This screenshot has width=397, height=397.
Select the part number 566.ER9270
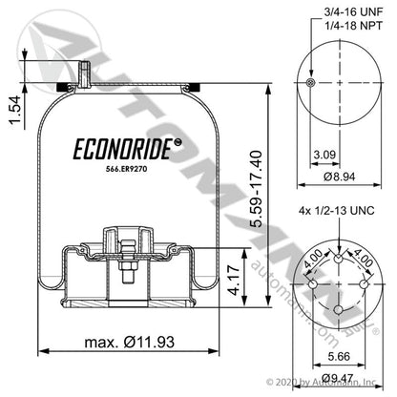tap(126, 169)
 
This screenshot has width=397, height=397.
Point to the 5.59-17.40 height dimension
tap(257, 189)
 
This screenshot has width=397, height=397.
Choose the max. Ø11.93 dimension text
tap(130, 343)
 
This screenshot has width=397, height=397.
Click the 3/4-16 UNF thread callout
tap(353, 12)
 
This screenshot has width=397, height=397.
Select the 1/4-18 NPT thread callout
tap(353, 26)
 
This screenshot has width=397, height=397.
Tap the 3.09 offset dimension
tap(324, 155)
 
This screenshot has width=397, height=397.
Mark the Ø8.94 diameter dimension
tap(340, 177)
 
